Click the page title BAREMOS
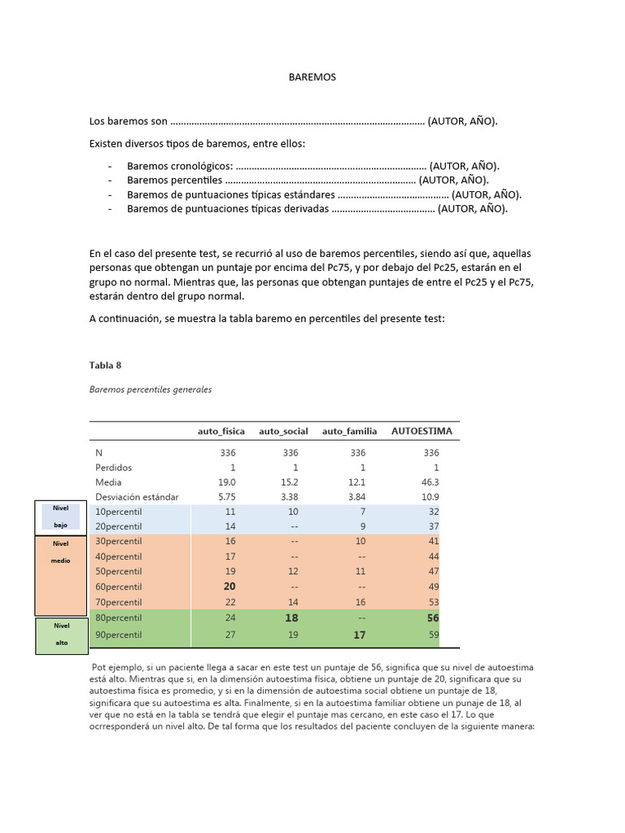(312, 77)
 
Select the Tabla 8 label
(105, 365)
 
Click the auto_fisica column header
(221, 431)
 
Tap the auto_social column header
(283, 431)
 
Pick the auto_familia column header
(349, 431)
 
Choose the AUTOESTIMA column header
(422, 430)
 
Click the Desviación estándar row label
(137, 497)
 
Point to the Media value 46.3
(431, 482)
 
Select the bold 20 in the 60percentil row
(229, 587)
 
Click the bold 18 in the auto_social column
(291, 617)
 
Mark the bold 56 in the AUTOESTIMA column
(432, 617)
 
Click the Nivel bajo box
(61, 517)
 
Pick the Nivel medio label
(61, 552)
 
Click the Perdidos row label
(113, 468)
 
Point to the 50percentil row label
(119, 572)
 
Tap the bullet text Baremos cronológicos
(180, 166)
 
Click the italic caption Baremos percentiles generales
(150, 390)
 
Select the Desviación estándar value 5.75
(225, 497)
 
